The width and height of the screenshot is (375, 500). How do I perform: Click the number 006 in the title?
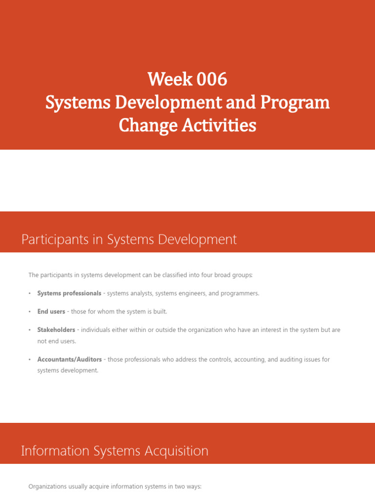[x=212, y=79]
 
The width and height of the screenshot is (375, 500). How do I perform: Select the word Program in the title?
[x=295, y=103]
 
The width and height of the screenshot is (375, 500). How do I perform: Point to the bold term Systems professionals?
[x=69, y=293]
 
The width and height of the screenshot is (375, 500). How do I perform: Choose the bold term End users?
[x=51, y=312]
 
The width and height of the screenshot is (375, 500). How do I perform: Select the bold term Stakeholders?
[x=56, y=330]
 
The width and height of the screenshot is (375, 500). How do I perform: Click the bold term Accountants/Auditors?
[x=69, y=359]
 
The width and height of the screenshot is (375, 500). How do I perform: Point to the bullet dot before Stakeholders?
[x=29, y=330]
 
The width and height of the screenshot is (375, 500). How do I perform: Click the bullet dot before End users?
[x=29, y=312]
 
